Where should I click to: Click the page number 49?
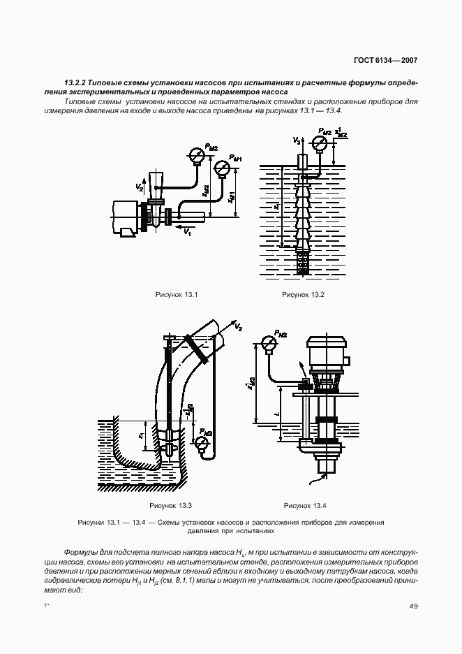point(413,606)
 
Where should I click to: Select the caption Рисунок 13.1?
point(177,294)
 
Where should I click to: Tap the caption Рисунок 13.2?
point(304,294)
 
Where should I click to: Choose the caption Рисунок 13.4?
point(305,505)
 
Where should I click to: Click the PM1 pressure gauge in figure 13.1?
point(222,168)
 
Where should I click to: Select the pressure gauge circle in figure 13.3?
point(203,443)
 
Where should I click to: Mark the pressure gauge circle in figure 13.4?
point(267,342)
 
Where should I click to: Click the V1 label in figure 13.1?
point(187,233)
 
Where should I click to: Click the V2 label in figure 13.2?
point(297,141)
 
